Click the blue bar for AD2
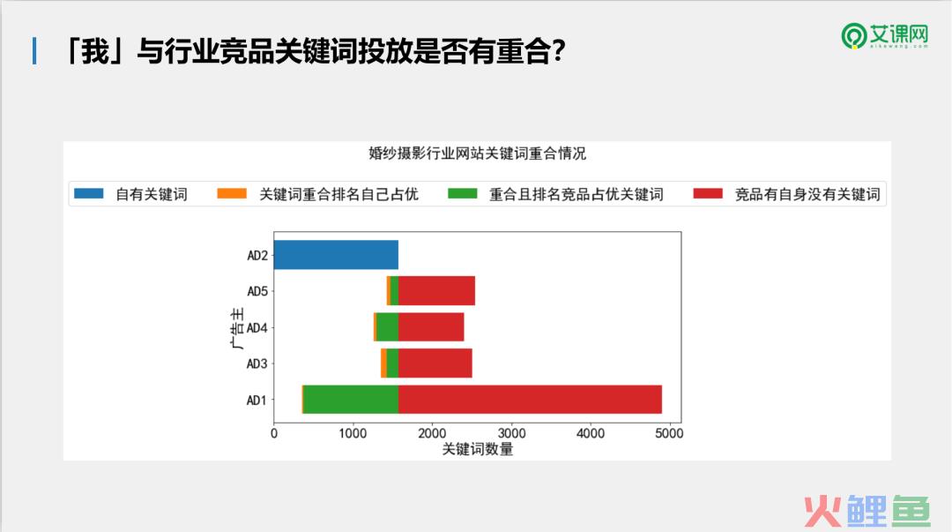click(x=336, y=255)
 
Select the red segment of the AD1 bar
click(x=530, y=400)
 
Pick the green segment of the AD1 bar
click(x=351, y=400)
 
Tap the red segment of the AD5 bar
click(x=436, y=290)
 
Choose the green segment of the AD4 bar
click(x=387, y=327)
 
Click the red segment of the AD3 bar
click(x=435, y=363)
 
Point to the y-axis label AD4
click(x=257, y=327)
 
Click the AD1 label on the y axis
click(x=257, y=400)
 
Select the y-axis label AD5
click(x=257, y=291)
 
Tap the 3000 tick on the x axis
click(x=511, y=433)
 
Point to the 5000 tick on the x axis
click(x=669, y=433)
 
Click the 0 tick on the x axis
click(x=274, y=433)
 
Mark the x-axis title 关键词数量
click(x=477, y=449)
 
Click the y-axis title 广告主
click(x=237, y=327)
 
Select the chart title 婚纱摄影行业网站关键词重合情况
click(x=477, y=154)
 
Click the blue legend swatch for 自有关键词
click(x=89, y=193)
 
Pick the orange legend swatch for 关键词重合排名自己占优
click(x=232, y=193)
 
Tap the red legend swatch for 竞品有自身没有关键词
click(x=708, y=193)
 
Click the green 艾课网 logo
click(x=885, y=36)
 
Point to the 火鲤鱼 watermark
click(x=867, y=511)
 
